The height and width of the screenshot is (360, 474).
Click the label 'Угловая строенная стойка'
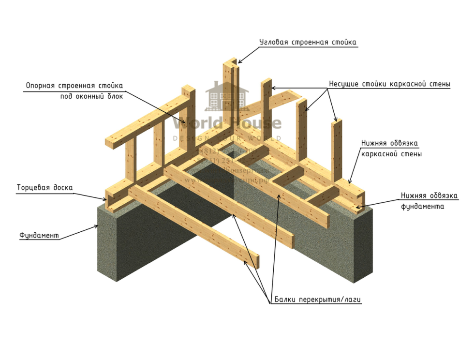pyautogui.click(x=308, y=43)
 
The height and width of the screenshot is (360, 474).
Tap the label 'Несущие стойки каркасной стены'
pyautogui.click(x=389, y=84)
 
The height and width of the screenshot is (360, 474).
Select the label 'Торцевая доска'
pyautogui.click(x=44, y=188)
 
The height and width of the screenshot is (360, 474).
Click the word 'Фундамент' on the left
pyautogui.click(x=39, y=236)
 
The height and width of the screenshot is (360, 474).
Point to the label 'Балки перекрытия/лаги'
pyautogui.click(x=318, y=300)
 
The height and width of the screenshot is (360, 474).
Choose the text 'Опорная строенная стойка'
pyautogui.click(x=74, y=86)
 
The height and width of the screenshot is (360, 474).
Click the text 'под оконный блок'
pyautogui.click(x=91, y=96)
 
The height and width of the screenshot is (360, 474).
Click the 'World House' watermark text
pyautogui.click(x=227, y=124)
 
